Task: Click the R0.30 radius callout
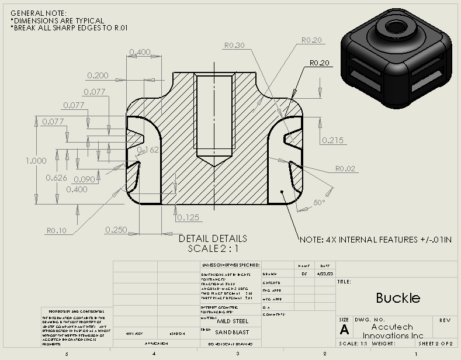coord(234,45)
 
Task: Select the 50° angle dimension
coord(319,202)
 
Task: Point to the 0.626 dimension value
coord(57,178)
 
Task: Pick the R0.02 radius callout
coord(345,169)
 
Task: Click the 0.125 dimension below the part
coord(188,217)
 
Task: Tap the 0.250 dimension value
coord(117,230)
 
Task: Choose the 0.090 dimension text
coord(85,179)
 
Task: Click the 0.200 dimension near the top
coord(98,75)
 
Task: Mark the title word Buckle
coord(398,297)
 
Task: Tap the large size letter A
coord(344,330)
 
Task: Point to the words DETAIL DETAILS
coord(213,238)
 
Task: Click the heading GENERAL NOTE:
coord(39,13)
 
